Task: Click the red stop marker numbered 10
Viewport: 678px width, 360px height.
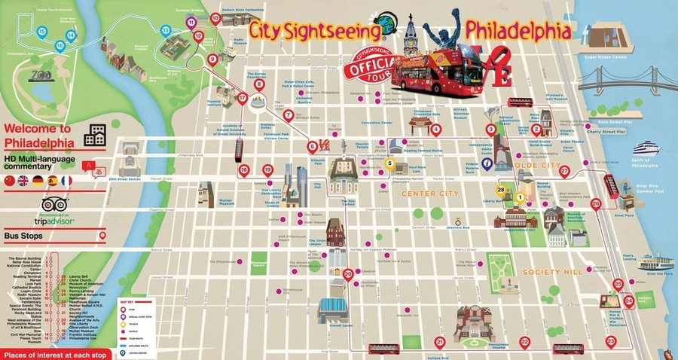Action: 215,18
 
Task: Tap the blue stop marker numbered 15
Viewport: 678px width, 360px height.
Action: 41,32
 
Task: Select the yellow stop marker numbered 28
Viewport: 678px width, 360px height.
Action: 500,190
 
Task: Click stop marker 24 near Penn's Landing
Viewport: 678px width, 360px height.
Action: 628,301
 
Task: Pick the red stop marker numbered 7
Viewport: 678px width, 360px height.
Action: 289,116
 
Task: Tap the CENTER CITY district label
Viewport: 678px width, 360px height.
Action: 429,194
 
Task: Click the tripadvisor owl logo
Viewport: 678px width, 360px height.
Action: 55,204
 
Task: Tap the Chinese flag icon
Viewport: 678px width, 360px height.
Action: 9,181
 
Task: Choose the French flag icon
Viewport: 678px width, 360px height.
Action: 66,181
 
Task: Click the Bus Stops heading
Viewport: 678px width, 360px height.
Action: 23,236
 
